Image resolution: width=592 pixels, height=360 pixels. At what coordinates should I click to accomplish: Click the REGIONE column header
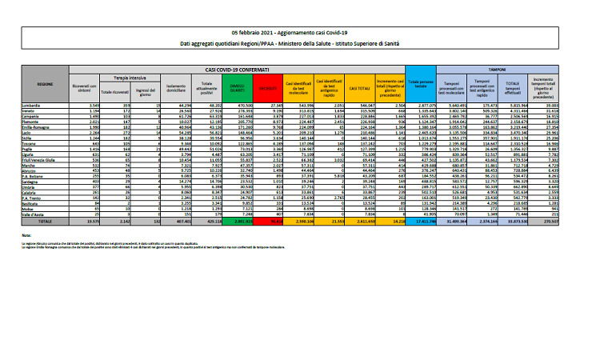[x=45, y=82]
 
